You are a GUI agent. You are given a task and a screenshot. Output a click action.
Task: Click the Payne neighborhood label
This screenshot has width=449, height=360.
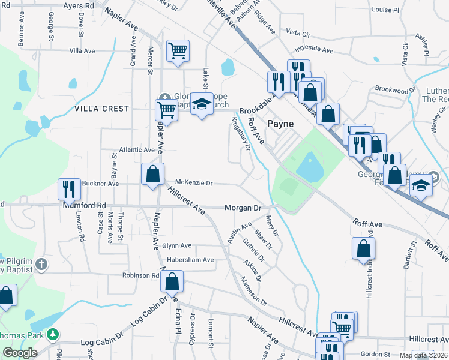click(280, 124)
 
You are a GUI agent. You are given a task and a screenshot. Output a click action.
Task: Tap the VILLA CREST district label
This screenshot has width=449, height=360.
click(101, 109)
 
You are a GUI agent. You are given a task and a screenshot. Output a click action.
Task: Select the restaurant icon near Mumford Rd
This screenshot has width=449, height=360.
click(70, 189)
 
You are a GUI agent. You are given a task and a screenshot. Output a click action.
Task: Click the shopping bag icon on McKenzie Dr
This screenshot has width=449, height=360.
click(153, 174)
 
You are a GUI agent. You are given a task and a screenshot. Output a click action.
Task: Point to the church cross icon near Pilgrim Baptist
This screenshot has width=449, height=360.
click(41, 264)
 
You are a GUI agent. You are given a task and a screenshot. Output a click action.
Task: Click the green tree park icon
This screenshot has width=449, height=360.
click(53, 334)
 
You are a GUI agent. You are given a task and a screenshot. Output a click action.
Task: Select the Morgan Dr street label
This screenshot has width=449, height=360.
click(243, 208)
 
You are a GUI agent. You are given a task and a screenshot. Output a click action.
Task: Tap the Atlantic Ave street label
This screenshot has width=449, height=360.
click(137, 149)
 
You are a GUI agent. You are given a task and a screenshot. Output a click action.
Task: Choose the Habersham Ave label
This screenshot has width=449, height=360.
click(190, 260)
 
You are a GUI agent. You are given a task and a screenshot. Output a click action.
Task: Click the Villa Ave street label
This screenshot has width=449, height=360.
click(82, 51)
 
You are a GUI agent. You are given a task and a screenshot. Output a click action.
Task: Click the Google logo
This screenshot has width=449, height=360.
click(20, 353)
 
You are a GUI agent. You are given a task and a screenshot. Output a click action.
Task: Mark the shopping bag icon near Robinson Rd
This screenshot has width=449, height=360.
click(172, 281)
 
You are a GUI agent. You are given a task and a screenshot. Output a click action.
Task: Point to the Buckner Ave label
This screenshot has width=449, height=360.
click(90, 182)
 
